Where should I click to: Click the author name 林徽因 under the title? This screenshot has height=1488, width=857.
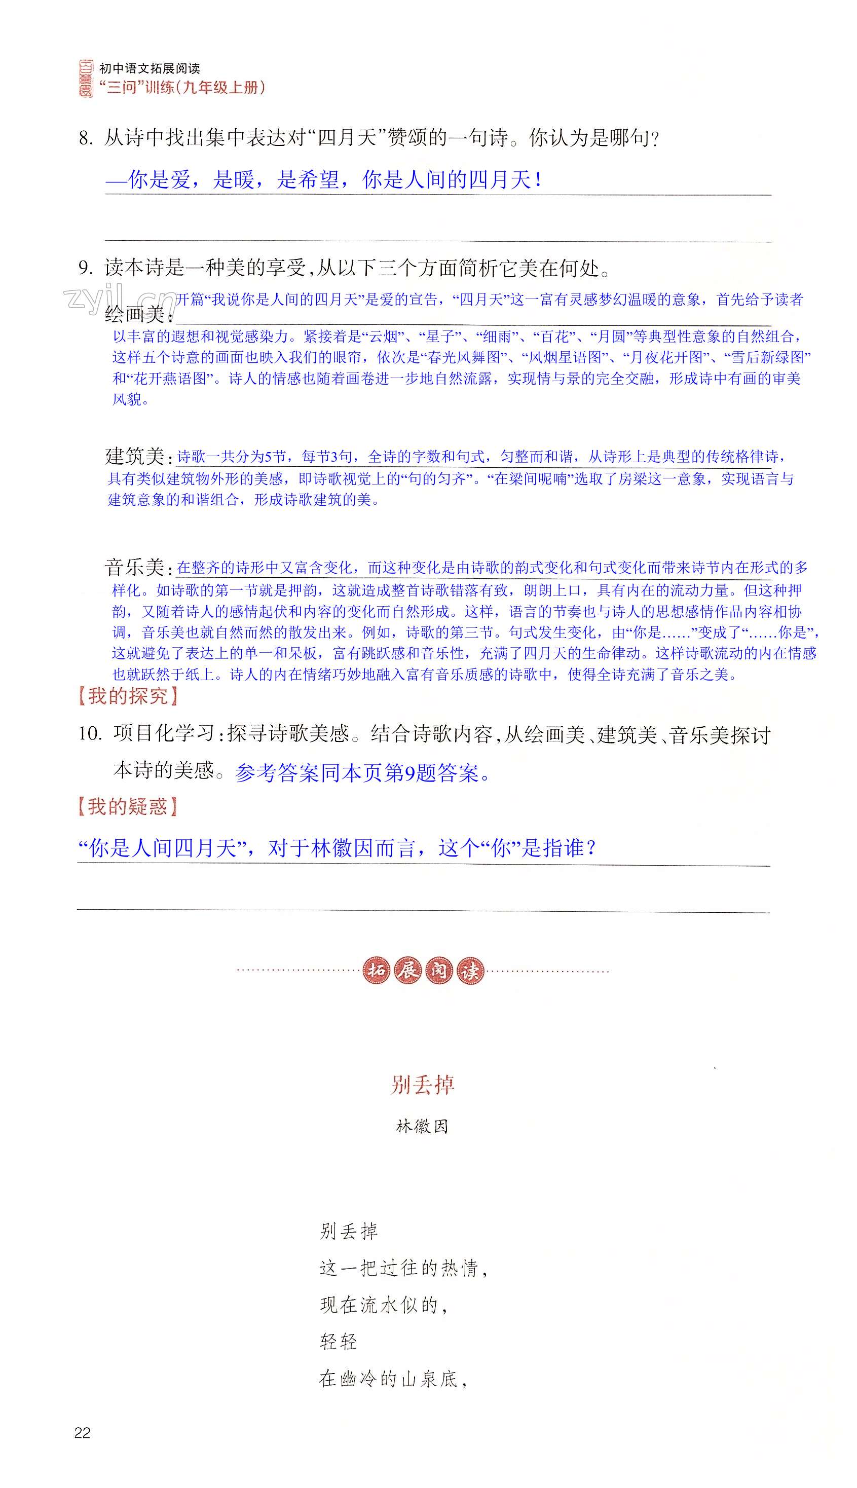coord(422,1126)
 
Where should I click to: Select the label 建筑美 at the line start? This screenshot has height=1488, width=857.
coord(135,456)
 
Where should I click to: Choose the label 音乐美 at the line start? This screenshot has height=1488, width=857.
coord(135,568)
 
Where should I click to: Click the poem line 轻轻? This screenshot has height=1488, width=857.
coord(339,1342)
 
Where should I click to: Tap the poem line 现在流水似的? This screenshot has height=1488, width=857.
coord(384,1305)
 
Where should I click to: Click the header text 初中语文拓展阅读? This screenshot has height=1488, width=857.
coord(150,68)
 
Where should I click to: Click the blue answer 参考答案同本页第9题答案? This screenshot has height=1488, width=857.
coord(362,772)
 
